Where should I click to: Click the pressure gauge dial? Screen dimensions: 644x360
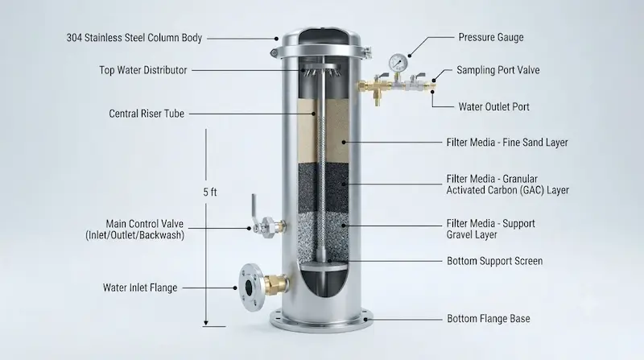tap(398, 64)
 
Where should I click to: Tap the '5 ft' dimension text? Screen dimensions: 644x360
tap(210, 192)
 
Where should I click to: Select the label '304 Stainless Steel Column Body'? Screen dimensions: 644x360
tap(134, 38)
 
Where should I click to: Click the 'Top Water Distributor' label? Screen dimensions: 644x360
tap(143, 70)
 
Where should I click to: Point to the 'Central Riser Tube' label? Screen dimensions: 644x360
tap(147, 114)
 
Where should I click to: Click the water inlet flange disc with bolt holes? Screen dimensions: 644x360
tap(250, 287)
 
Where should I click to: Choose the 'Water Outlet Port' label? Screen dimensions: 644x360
tap(494, 107)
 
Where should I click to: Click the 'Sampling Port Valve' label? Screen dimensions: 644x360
tap(498, 70)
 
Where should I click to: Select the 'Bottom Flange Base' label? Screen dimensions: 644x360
tap(489, 318)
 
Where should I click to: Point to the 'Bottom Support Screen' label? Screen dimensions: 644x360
tap(495, 261)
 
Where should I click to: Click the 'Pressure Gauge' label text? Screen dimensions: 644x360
tap(491, 37)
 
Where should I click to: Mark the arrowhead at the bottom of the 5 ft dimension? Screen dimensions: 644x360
tap(206, 324)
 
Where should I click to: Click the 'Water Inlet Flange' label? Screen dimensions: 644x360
tap(140, 288)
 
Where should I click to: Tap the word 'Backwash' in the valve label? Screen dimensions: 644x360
tap(162, 235)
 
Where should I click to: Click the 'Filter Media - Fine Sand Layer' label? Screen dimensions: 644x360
tap(507, 143)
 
